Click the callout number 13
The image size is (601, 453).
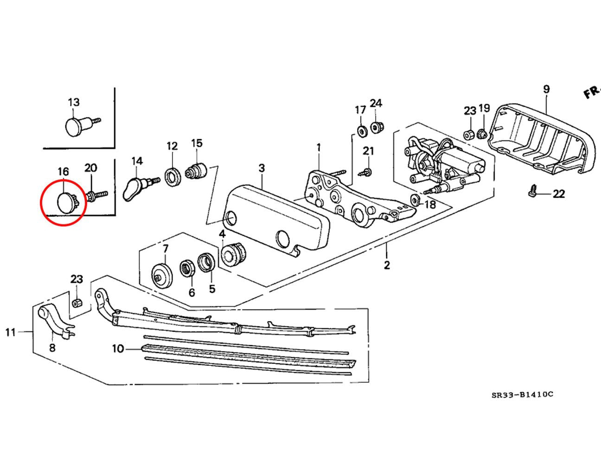tap(74, 102)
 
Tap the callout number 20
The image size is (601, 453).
tap(91, 168)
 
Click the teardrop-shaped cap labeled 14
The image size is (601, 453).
tap(134, 189)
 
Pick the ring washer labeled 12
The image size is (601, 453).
tap(173, 178)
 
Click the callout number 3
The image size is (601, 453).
tap(262, 168)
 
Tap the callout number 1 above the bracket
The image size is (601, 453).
tap(319, 148)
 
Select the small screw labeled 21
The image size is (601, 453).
tap(366, 172)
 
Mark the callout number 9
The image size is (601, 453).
tap(546, 89)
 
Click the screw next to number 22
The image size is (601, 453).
tap(533, 191)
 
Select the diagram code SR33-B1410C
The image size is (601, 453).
tap(522, 395)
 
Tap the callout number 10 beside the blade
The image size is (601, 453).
tap(118, 348)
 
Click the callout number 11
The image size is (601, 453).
tap(10, 332)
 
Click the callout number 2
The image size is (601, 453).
tap(387, 265)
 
